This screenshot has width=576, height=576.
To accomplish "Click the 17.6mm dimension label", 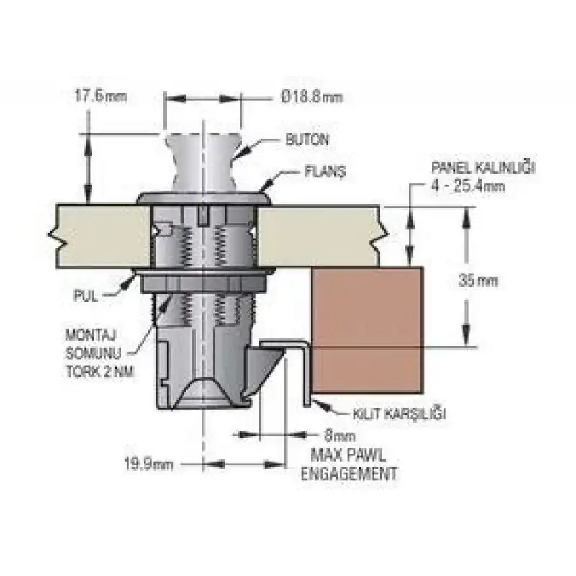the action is coord(101,96).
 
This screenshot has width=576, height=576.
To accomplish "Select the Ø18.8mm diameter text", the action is coord(312,97).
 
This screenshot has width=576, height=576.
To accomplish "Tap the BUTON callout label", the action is coord(307,140).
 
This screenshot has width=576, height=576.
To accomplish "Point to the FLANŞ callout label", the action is coord(325,171).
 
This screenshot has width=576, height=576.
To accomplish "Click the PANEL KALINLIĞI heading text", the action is coord(483,168).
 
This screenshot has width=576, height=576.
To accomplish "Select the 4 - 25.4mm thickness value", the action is coord(468,186).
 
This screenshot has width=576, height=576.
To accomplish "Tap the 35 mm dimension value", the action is coord(478,281).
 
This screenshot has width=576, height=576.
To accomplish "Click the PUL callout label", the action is coord(86,296).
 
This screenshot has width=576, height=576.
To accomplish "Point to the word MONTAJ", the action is coord(91,335).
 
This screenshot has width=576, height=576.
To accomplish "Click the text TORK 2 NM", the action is coord(100,372).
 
